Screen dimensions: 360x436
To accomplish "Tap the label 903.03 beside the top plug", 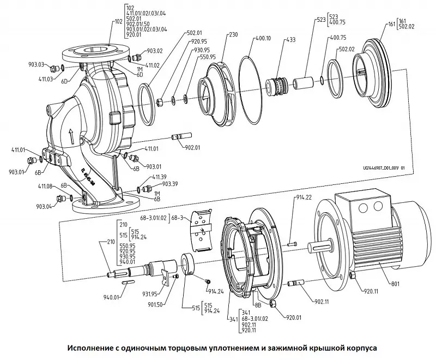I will pyautogui.click(x=37, y=64).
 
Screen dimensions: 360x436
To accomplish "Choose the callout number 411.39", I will pyautogui.click(x=160, y=177).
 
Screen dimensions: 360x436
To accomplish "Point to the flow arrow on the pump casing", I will pyautogui.click(x=70, y=134).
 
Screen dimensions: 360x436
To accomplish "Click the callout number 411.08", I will pyautogui.click(x=46, y=187).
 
